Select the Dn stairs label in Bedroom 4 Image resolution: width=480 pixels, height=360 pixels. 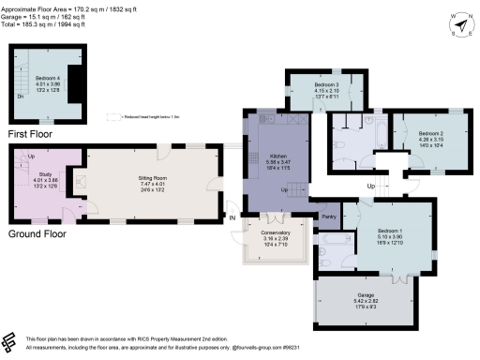pos(21,96)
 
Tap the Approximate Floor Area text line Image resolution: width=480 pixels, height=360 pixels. pos(71,7)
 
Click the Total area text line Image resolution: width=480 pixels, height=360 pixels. pos(49,23)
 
